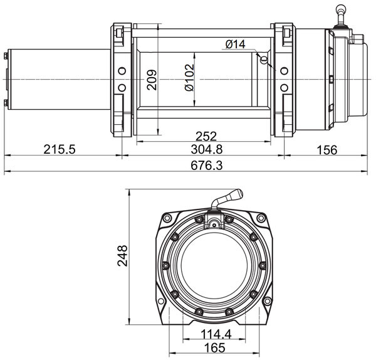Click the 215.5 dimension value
[x=60, y=149]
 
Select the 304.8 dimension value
[x=207, y=149]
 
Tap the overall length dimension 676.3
[x=207, y=166]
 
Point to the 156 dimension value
[x=327, y=150]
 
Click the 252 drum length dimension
[x=206, y=136]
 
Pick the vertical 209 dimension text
[x=152, y=80]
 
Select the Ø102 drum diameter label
[x=189, y=77]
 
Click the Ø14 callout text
[x=236, y=44]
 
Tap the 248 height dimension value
[x=122, y=256]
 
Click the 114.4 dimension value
[x=216, y=334]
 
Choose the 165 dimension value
[x=215, y=347]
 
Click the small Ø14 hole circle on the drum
[x=264, y=60]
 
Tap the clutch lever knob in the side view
[x=341, y=9]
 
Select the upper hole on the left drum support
[x=122, y=71]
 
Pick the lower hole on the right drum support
[x=284, y=88]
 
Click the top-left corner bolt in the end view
[x=167, y=218]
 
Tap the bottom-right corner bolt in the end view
[x=267, y=301]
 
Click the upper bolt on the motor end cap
[x=6, y=56]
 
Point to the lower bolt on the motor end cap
[x=6, y=103]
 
